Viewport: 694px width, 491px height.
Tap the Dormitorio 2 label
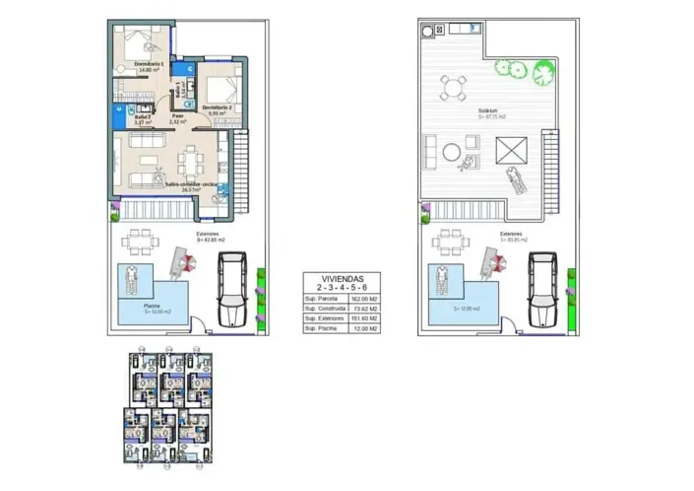[217, 107]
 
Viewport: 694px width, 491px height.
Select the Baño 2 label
[143, 119]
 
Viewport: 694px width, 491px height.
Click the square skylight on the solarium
[512, 154]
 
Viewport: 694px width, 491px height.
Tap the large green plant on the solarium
[541, 70]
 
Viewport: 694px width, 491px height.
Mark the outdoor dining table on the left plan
[138, 241]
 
